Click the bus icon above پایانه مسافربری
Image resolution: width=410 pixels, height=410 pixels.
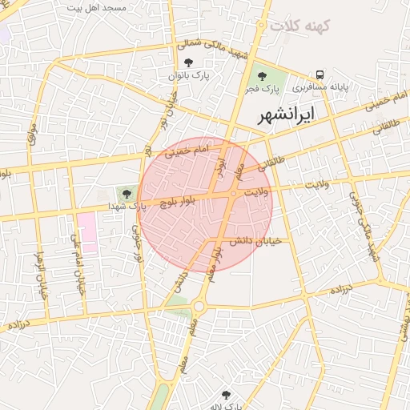(320, 75)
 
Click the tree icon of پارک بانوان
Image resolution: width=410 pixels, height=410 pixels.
(188, 62)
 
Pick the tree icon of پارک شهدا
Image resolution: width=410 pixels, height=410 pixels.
(125, 192)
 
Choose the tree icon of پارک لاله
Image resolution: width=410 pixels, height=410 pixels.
(226, 395)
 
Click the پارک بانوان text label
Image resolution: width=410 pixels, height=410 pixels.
(188, 74)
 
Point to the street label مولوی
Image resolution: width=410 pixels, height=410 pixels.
(32, 132)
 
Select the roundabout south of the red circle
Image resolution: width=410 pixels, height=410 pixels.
(199, 304)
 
